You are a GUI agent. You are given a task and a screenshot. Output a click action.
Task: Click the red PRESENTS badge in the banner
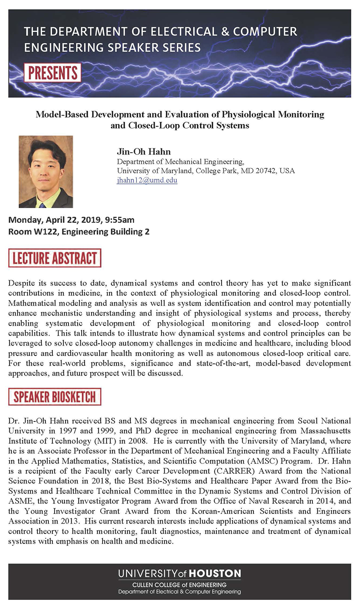pos(53,72)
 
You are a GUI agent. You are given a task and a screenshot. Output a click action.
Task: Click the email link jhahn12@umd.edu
pos(147,180)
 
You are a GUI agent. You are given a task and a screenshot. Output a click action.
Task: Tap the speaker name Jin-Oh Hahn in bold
pos(144,152)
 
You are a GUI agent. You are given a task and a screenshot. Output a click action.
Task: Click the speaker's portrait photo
pos(46,171)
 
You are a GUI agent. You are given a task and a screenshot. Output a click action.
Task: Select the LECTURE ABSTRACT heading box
pos(55,258)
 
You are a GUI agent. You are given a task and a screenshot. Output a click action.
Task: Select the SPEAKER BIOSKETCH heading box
pos(55,397)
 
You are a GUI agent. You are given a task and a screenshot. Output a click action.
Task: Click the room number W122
pos(45,232)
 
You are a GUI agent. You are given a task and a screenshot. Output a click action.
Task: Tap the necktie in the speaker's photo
pos(42,204)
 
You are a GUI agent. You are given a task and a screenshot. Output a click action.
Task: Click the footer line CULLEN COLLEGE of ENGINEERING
pos(179,584)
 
